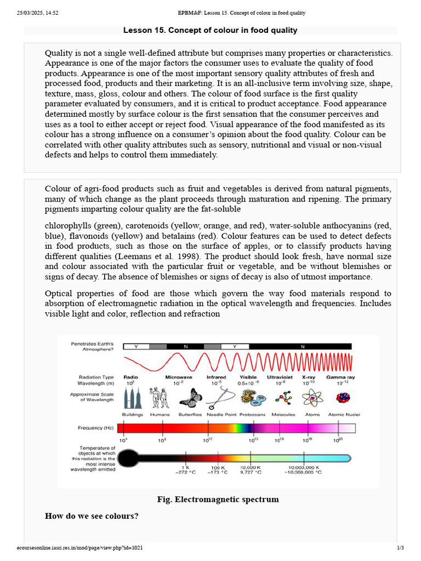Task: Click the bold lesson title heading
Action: (210, 30)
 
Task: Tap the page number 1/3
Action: (400, 548)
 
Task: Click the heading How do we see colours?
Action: (92, 516)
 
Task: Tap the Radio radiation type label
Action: (130, 377)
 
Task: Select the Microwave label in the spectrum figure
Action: (179, 377)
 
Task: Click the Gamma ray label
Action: (340, 377)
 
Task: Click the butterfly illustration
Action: (191, 398)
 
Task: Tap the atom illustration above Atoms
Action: (312, 398)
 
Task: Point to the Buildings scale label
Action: (133, 415)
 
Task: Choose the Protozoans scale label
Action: (253, 415)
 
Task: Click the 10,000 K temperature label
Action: (250, 467)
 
